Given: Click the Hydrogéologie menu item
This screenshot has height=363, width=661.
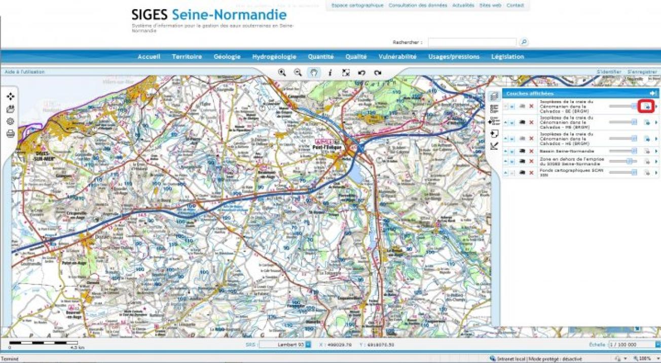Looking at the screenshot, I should tap(274, 57).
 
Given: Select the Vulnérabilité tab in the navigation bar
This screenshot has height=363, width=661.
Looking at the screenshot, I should tap(397, 57).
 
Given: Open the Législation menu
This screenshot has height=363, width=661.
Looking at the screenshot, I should tap(507, 57).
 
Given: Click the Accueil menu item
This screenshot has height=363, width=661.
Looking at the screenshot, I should tap(149, 57).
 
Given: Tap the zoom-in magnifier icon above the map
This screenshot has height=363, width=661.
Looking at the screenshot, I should tap(282, 73).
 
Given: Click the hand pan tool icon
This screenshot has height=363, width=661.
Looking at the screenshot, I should tap(314, 73).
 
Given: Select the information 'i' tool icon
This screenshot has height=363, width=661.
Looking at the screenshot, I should tap(330, 73).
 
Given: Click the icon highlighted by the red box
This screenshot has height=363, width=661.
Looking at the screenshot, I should tap(647, 106).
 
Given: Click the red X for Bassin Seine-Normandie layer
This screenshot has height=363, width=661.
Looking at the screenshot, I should tap(531, 151).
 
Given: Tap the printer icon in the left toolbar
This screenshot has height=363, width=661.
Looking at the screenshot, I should tap(10, 134).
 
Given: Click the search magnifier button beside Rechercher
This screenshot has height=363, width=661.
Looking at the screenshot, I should tap(524, 42).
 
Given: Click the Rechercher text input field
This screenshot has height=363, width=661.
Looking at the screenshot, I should tap(472, 42).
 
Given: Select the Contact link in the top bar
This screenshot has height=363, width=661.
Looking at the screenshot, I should tap(515, 6).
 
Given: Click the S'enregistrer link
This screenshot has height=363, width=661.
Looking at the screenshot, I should tap(642, 72).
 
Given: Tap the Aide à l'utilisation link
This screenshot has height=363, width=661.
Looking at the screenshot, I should tap(25, 72).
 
